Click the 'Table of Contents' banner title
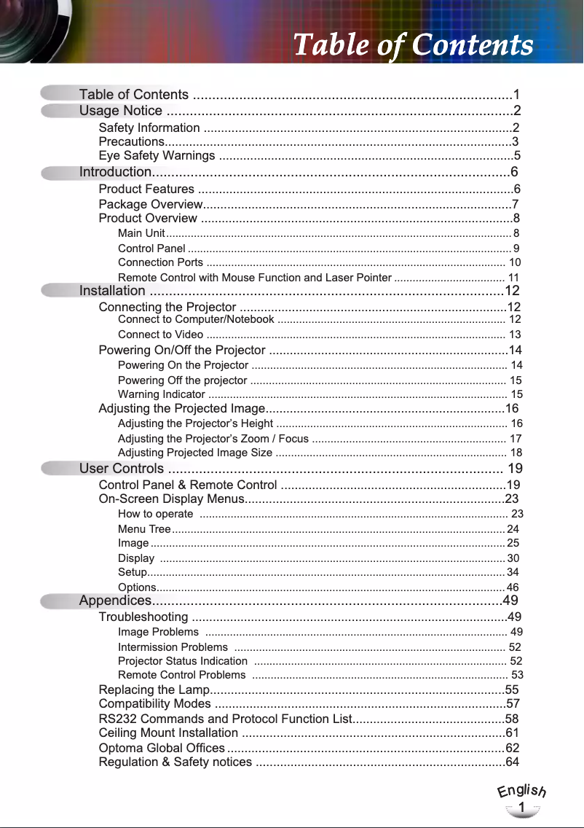(x=413, y=45)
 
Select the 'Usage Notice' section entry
(x=121, y=111)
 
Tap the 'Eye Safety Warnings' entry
(x=157, y=156)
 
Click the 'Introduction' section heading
(x=115, y=172)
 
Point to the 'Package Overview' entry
(x=150, y=204)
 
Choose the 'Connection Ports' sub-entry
(x=160, y=262)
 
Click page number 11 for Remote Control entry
(x=513, y=278)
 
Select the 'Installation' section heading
(x=112, y=291)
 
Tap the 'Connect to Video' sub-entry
(x=160, y=335)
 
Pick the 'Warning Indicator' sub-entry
(x=161, y=394)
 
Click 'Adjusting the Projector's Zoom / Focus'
(x=213, y=439)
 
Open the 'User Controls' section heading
(x=122, y=469)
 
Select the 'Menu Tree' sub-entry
(x=144, y=529)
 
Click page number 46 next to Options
(x=513, y=587)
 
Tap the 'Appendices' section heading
(x=115, y=601)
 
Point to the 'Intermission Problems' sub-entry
(x=173, y=647)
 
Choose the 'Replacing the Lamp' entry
(x=154, y=690)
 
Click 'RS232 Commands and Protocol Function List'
(x=225, y=719)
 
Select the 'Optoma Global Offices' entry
(x=162, y=748)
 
